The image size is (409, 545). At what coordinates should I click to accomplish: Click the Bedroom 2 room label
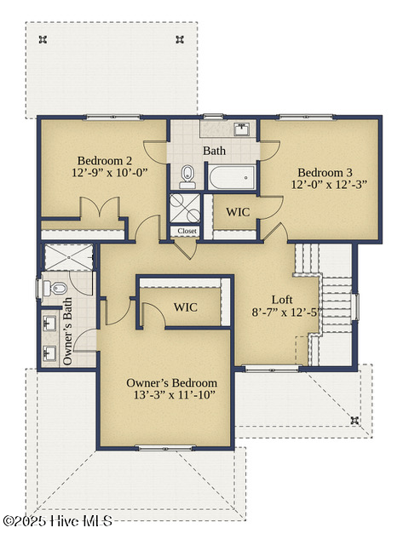[105, 161]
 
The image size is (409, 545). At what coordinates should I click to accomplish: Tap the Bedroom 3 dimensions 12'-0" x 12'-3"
[329, 184]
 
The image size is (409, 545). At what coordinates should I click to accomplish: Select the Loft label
[282, 300]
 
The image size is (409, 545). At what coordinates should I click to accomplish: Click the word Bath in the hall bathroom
[214, 151]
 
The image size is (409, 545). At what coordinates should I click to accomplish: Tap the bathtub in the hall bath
[232, 177]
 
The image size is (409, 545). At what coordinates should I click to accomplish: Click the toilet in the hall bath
[187, 176]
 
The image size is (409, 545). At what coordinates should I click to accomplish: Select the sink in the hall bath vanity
[242, 129]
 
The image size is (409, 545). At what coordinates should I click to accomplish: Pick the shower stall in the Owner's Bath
[69, 257]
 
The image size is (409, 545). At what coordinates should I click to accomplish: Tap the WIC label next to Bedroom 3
[238, 212]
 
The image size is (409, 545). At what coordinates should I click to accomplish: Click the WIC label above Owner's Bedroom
[186, 307]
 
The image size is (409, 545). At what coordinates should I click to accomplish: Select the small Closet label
[187, 231]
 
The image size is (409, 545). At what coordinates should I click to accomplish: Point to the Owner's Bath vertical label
[67, 331]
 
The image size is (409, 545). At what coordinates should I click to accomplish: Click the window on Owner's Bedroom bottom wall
[165, 448]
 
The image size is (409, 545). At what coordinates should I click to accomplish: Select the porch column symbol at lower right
[354, 420]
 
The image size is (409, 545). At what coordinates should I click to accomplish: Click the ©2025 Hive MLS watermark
[58, 521]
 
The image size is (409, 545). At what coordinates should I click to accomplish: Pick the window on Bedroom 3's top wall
[307, 118]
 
